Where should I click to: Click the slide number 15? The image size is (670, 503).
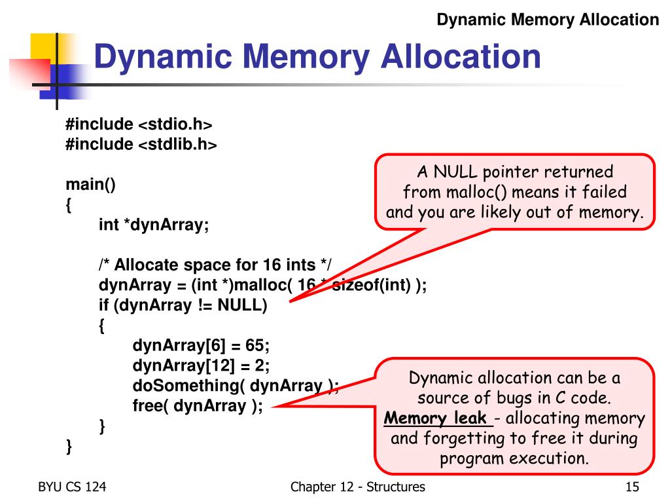[631, 487]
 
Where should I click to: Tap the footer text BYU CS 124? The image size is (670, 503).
[72, 487]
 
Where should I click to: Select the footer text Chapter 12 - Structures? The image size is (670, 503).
[358, 487]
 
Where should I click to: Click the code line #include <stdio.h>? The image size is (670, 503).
[139, 124]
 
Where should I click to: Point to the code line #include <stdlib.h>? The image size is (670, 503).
[141, 144]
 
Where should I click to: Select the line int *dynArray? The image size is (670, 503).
[154, 225]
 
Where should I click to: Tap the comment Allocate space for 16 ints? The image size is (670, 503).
[215, 265]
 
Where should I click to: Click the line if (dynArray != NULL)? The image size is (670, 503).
[183, 305]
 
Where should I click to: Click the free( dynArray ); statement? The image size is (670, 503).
[198, 405]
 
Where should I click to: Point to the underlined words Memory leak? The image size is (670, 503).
[435, 419]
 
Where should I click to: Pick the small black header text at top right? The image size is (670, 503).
[548, 20]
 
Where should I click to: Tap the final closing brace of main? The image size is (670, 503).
[69, 447]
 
